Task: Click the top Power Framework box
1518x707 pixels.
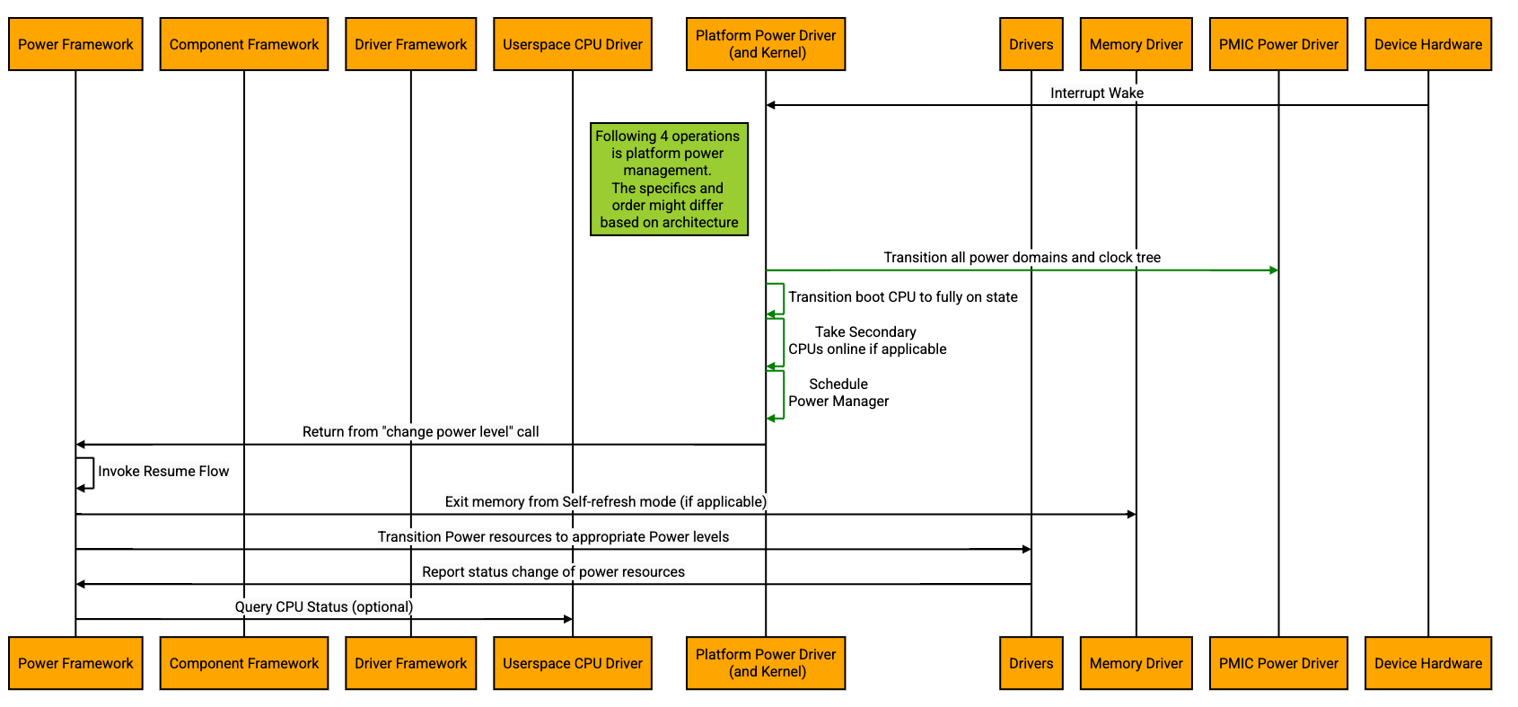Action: coord(75,44)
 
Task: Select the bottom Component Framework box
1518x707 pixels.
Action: coord(243,663)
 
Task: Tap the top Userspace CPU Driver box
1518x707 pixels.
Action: coord(572,44)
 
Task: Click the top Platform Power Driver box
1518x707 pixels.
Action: coord(765,44)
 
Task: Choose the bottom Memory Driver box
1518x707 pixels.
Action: coord(1136,663)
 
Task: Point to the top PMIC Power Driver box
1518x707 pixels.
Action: coord(1277,44)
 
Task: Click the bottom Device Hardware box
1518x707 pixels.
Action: coord(1427,663)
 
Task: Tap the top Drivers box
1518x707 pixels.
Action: coord(1031,44)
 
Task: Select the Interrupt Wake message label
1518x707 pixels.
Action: coord(1096,93)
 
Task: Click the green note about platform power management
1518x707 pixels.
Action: coord(669,179)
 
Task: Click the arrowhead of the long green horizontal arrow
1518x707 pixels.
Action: coord(1274,270)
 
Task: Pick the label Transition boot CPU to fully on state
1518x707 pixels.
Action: coord(902,296)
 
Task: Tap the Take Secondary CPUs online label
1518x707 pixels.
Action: coord(866,340)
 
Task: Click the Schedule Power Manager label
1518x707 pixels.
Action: coord(838,393)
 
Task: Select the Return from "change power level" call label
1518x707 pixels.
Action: coord(420,431)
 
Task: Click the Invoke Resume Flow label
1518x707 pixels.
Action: coord(163,471)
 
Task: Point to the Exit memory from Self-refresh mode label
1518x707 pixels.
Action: coord(605,501)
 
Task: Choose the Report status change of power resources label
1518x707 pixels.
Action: coord(553,571)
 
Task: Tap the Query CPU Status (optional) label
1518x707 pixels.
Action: coord(323,606)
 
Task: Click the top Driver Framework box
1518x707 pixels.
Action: coord(410,44)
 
